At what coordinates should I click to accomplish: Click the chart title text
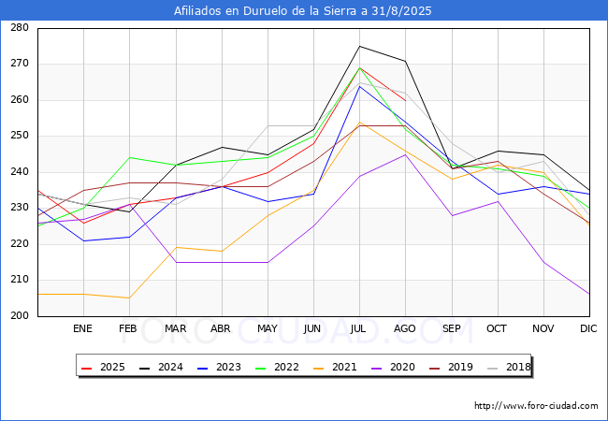point(304,11)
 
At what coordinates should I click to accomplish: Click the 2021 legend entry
point(332,368)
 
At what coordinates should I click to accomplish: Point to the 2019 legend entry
point(444,368)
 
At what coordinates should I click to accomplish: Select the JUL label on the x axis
point(359,329)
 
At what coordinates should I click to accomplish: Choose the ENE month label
point(83,329)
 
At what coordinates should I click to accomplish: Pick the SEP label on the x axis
point(451,329)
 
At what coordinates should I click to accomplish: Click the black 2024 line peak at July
point(359,46)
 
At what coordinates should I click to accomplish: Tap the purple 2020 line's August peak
point(405,154)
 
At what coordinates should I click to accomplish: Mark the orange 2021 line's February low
point(129,298)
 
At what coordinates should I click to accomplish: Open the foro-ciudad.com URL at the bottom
point(536,406)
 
